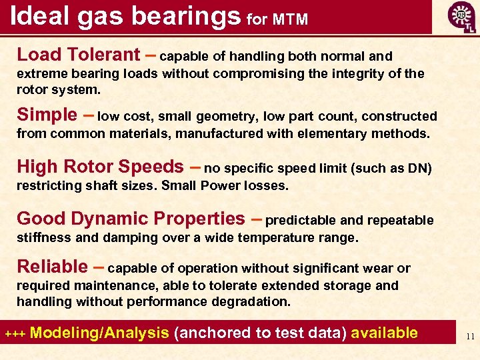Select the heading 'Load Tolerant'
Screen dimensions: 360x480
point(79,55)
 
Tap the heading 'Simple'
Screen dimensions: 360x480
point(47,115)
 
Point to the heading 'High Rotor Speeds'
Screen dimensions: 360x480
point(100,167)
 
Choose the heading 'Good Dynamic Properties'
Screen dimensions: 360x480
point(131,219)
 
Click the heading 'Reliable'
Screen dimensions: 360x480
point(52,267)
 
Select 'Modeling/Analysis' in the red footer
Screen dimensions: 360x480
point(99,333)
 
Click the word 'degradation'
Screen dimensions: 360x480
point(251,301)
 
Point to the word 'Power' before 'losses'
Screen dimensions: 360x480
point(213,185)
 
